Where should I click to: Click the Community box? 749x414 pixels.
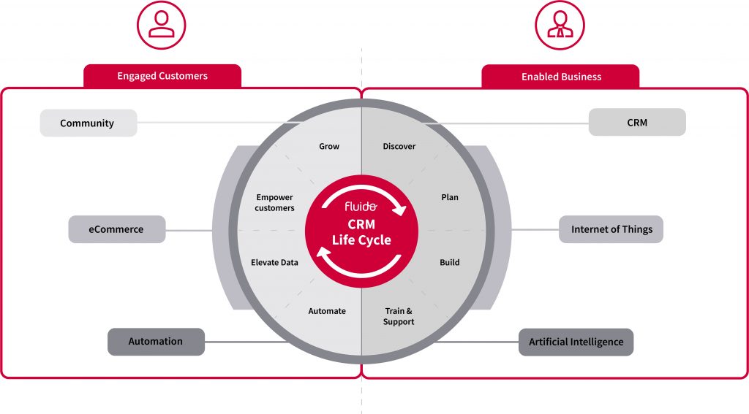click(88, 123)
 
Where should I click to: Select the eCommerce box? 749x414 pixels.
click(116, 229)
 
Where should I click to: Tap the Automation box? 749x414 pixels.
click(156, 342)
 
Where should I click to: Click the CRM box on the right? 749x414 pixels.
click(637, 123)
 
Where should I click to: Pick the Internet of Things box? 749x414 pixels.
click(611, 229)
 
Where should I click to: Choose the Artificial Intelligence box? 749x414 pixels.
click(576, 342)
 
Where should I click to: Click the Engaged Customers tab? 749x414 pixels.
click(162, 76)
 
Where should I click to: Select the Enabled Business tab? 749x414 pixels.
click(561, 76)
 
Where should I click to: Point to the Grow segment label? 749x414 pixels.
click(329, 146)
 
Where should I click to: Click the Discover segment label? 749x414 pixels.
click(399, 146)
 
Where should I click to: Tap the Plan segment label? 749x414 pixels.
click(450, 197)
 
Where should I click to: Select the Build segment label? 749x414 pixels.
click(450, 262)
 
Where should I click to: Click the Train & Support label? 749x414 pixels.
click(399, 316)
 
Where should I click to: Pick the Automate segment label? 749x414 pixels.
click(327, 311)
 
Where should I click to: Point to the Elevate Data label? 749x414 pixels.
click(274, 262)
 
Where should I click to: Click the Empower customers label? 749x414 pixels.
click(275, 202)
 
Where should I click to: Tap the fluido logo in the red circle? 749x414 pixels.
click(361, 207)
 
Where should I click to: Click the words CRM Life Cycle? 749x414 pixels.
click(361, 233)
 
